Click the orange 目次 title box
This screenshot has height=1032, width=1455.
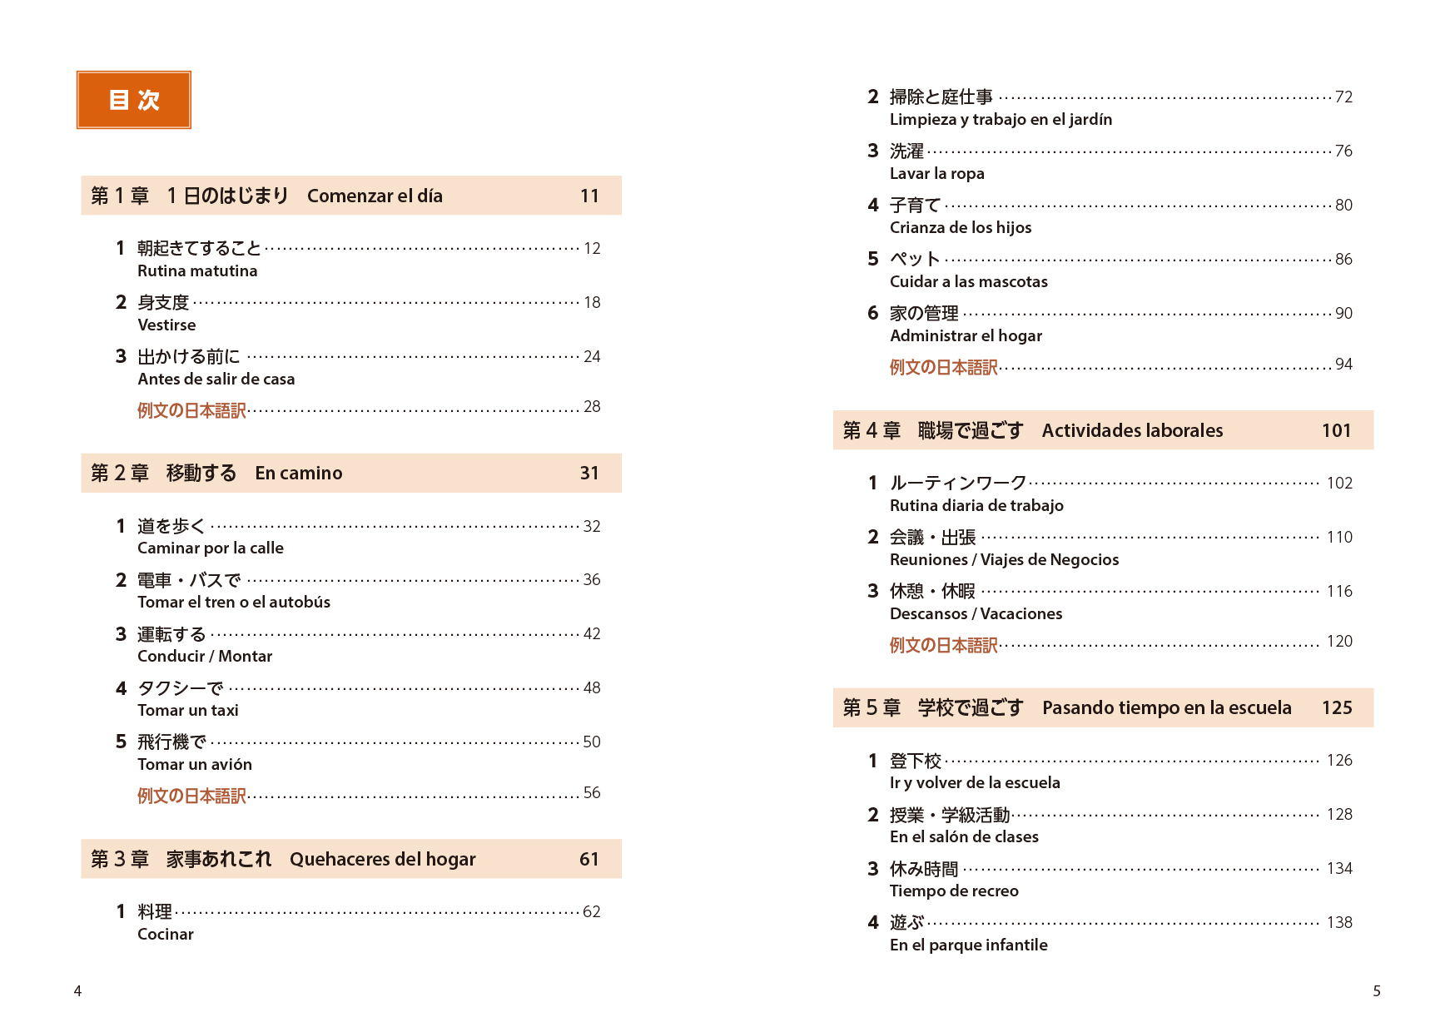(134, 100)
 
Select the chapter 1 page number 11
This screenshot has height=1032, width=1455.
(589, 196)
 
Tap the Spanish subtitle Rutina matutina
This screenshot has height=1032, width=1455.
(197, 271)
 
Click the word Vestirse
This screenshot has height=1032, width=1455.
(166, 325)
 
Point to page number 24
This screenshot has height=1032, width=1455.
(592, 357)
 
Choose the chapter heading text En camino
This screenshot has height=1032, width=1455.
(299, 474)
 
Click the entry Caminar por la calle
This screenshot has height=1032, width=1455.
(211, 548)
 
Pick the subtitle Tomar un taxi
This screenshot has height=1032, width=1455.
(188, 711)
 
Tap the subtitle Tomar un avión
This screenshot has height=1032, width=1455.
(195, 765)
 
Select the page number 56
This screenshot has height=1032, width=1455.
(592, 793)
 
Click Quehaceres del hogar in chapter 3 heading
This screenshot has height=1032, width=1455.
(383, 860)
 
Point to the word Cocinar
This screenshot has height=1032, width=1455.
(166, 935)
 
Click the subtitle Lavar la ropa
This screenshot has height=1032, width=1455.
(936, 174)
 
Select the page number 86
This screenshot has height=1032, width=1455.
(1343, 260)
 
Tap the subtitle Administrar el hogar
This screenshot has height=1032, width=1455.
(966, 336)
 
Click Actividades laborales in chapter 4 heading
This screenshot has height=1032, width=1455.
(1132, 431)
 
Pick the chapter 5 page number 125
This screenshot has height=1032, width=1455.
(1337, 708)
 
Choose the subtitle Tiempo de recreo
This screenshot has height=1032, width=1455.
(954, 891)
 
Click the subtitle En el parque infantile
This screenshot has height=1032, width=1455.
(968, 945)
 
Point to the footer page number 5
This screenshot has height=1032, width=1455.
(1377, 991)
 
